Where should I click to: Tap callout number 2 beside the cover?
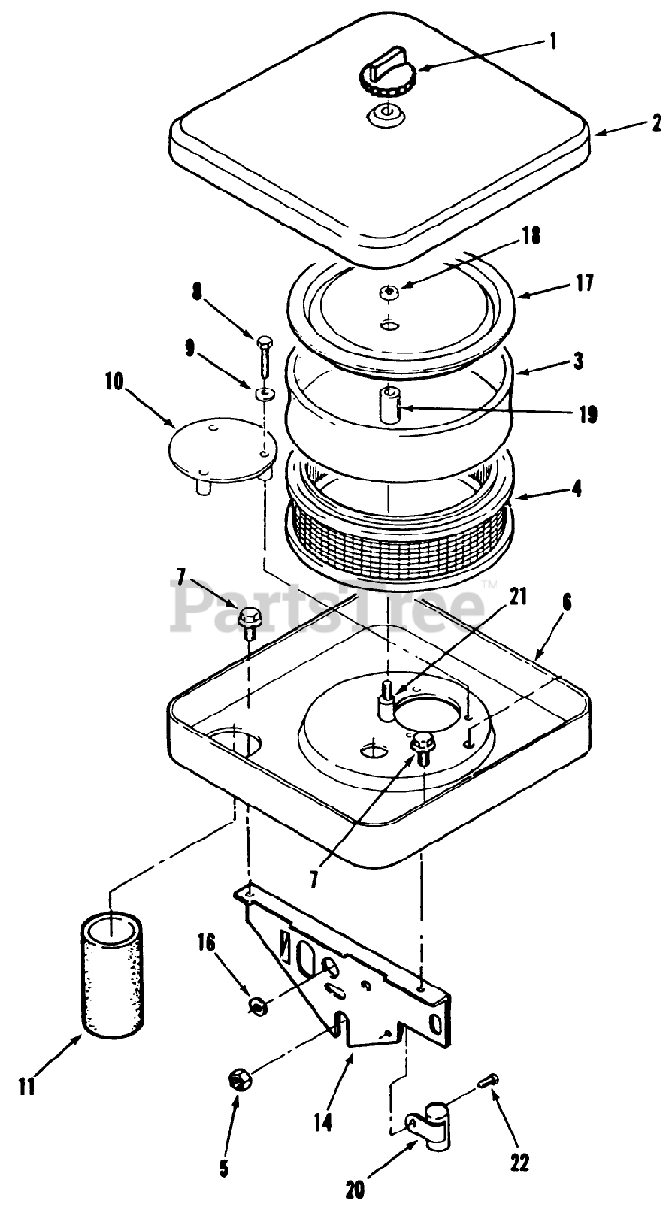656,124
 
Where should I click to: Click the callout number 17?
585,282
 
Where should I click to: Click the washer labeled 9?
264,391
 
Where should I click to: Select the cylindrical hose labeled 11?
113,976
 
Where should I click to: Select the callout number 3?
578,361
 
